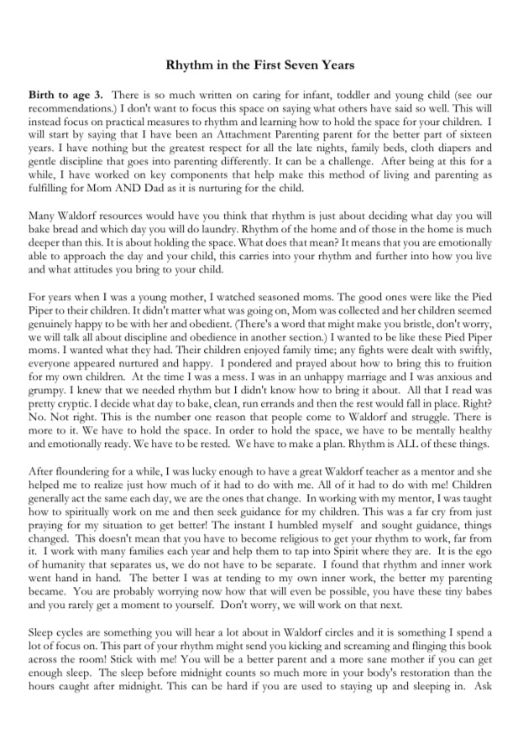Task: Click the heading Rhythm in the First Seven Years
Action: coord(261,64)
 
